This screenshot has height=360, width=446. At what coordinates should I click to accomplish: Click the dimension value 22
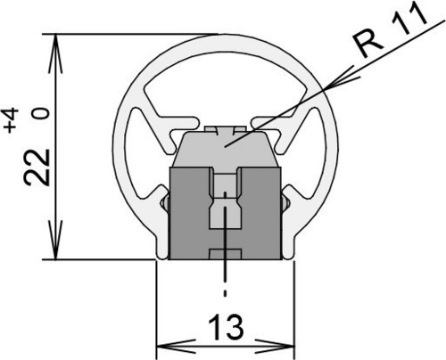point(37,168)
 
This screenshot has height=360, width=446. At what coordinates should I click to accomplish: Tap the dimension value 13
point(226,327)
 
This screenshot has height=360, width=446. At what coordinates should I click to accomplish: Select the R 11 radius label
point(390,29)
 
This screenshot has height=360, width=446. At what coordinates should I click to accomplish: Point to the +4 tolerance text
point(12,120)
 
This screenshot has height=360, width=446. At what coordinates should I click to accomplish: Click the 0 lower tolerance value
point(41,113)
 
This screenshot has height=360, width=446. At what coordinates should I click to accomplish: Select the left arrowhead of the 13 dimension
point(176,347)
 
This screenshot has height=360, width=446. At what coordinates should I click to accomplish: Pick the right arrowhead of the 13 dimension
point(275,347)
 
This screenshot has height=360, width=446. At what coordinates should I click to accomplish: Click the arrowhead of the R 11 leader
point(342,78)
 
